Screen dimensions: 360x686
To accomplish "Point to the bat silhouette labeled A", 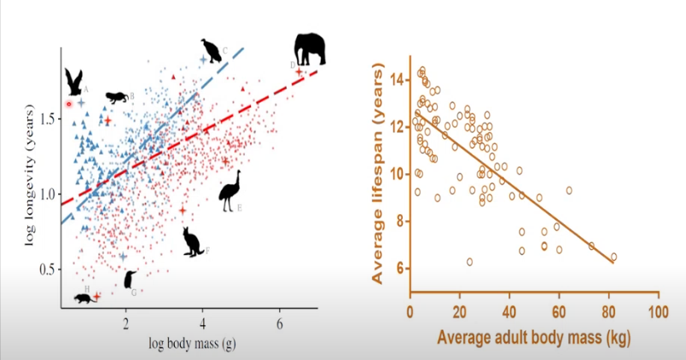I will (x=74, y=82).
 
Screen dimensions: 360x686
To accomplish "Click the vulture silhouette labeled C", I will (x=210, y=50).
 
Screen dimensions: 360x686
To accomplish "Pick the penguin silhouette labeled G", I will (x=130, y=279).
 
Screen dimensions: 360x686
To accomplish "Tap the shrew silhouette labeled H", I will (x=84, y=299).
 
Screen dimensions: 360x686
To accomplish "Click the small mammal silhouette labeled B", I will (x=116, y=98).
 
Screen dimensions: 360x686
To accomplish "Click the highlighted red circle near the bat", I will (x=70, y=104).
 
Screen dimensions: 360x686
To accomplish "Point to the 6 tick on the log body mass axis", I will (x=279, y=324).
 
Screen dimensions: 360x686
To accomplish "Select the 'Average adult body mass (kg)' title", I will (x=533, y=338).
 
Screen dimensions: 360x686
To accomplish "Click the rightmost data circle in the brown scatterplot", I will (x=613, y=257).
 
